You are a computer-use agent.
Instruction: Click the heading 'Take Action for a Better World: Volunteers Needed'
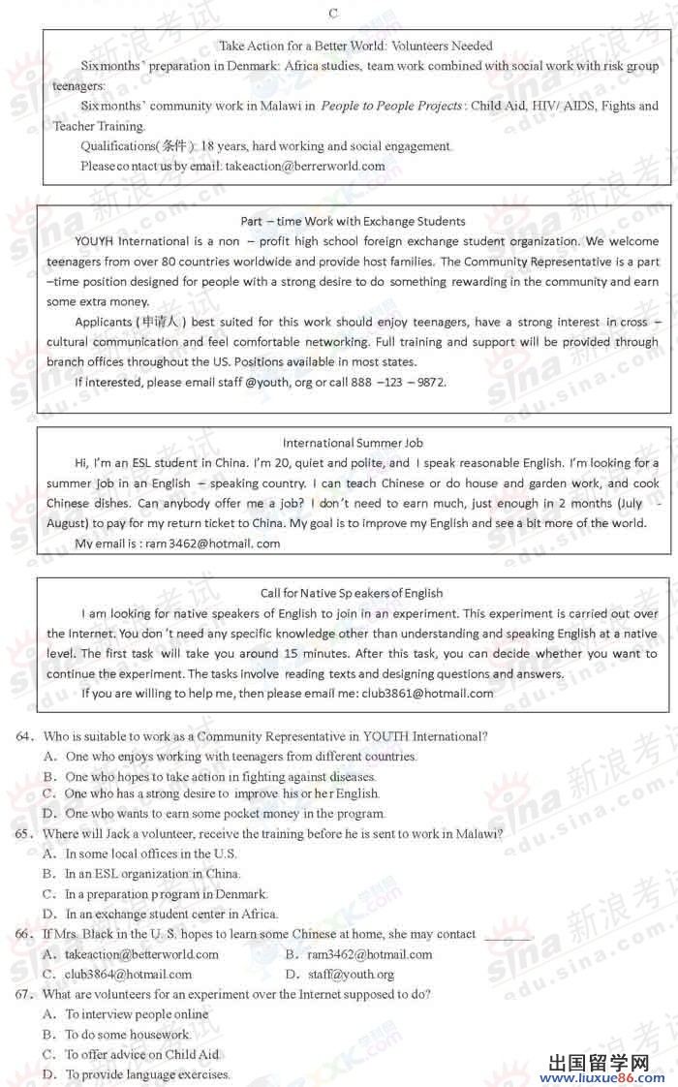355,46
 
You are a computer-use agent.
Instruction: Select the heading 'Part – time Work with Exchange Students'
353,221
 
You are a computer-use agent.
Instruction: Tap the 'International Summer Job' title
353,443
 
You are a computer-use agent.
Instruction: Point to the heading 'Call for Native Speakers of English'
352,593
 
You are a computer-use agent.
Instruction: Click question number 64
26,736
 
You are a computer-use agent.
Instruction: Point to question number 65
26,833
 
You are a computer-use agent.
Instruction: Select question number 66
26,934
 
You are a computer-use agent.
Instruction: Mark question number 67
26,994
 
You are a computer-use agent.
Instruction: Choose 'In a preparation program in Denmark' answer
166,894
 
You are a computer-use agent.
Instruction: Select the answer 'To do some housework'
128,1035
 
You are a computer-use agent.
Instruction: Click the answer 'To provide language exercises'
147,1074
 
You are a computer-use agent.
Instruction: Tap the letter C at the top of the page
333,13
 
